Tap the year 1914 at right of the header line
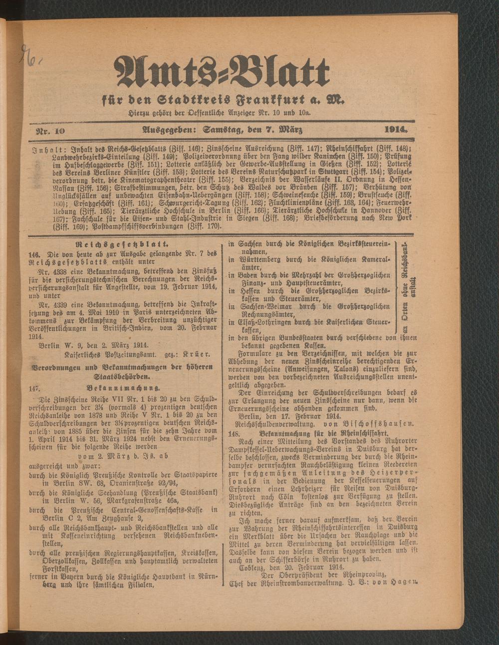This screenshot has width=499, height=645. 396,130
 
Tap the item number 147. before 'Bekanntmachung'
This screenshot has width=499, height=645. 34,387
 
